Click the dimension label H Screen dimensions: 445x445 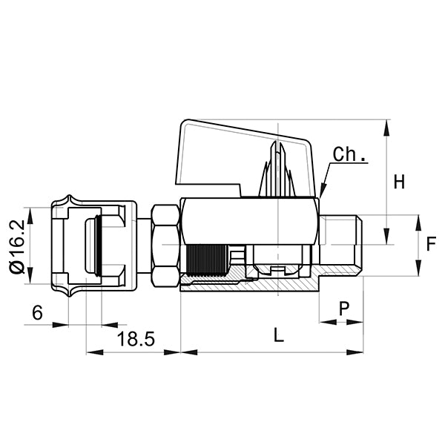[399, 182]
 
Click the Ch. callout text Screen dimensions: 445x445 [349, 155]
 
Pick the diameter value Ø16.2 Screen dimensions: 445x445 [17, 245]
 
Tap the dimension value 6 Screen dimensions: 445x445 [36, 313]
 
